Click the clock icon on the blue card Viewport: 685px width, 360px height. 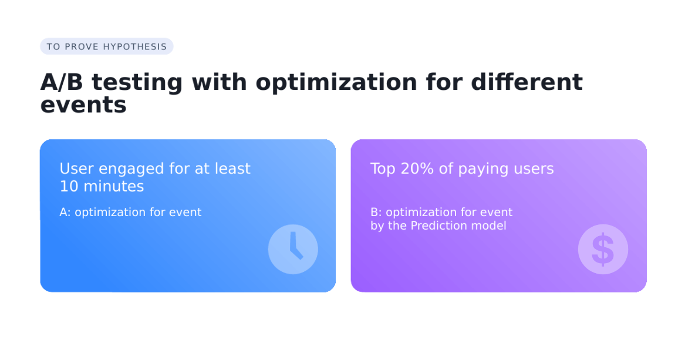(x=293, y=249)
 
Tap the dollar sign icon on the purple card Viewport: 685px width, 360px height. (x=603, y=249)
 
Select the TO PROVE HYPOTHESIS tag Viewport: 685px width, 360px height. (x=107, y=46)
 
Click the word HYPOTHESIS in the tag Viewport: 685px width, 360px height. (x=135, y=47)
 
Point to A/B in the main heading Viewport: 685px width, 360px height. (x=62, y=82)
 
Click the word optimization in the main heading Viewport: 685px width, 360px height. (x=336, y=83)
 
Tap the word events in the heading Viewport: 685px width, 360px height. (x=83, y=105)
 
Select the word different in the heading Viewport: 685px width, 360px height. (x=527, y=82)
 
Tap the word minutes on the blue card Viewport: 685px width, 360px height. (x=114, y=187)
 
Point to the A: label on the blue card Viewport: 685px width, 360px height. (x=65, y=213)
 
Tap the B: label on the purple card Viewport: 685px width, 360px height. (x=376, y=213)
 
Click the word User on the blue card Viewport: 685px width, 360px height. (x=77, y=169)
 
